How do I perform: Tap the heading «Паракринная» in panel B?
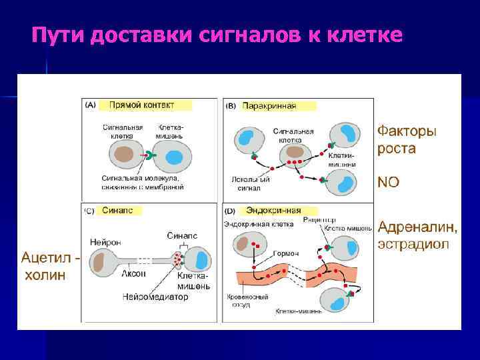click(x=269, y=105)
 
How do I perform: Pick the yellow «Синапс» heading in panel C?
click(x=117, y=210)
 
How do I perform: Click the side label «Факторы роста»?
click(x=407, y=140)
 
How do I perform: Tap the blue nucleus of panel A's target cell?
click(x=174, y=158)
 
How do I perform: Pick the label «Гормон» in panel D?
click(x=285, y=254)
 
